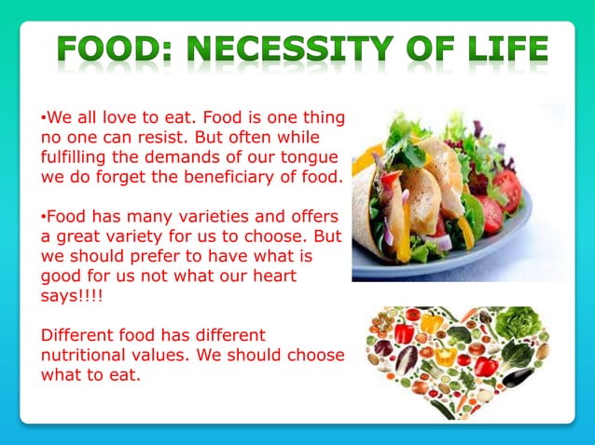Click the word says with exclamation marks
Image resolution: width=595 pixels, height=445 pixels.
point(62,295)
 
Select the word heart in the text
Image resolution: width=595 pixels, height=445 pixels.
point(267,276)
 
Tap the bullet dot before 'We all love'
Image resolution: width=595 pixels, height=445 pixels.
point(43,118)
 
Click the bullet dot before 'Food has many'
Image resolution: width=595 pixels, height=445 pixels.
point(43,217)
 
